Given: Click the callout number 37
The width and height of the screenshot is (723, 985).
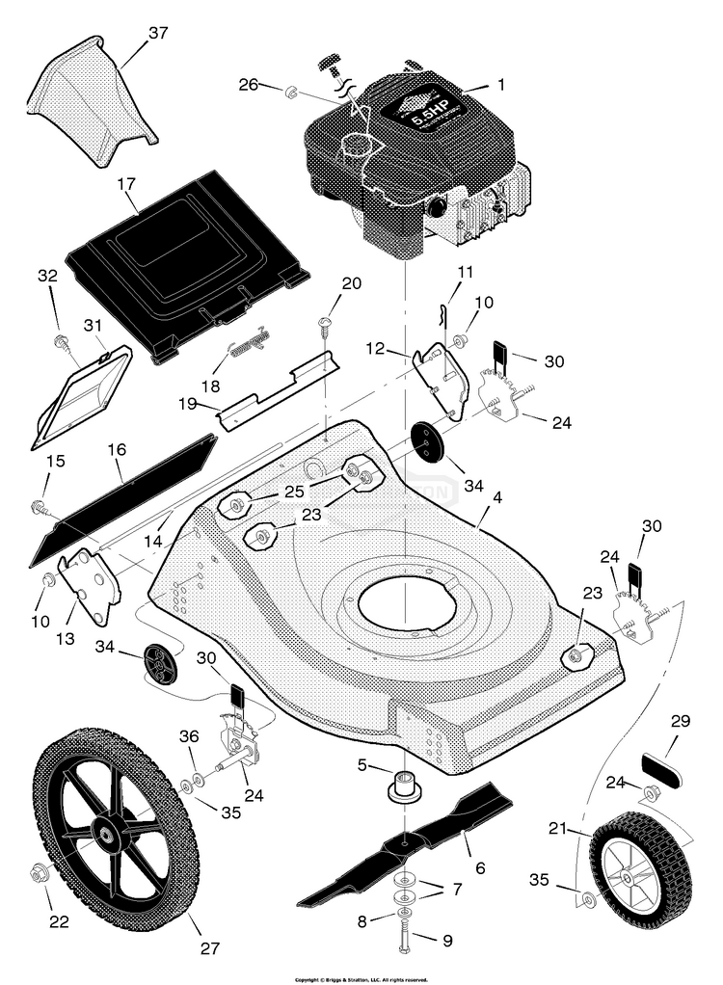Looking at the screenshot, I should (157, 34).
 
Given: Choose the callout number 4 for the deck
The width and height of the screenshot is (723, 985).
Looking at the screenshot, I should (496, 497).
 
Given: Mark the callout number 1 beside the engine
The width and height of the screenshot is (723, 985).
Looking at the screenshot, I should (499, 85).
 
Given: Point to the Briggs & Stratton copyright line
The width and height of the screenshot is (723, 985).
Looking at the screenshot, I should (361, 978).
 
